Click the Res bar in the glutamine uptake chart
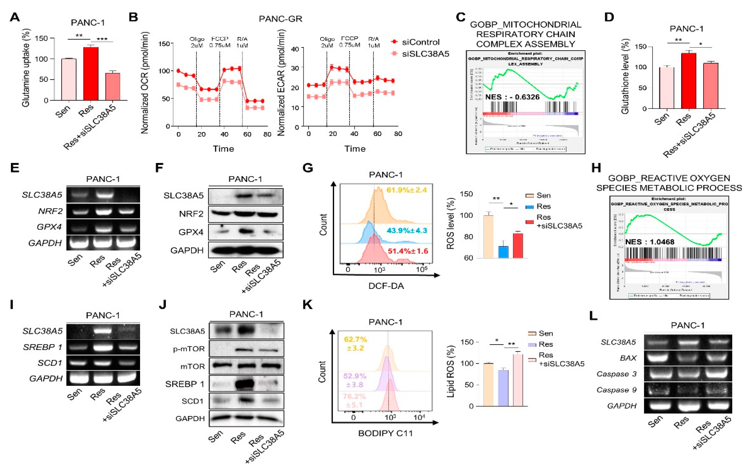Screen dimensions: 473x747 (x=91, y=74)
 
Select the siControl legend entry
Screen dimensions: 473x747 (x=420, y=42)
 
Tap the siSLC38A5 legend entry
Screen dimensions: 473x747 (x=425, y=54)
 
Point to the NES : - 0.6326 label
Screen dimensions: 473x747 (x=512, y=97)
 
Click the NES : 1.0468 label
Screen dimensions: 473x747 (x=650, y=242)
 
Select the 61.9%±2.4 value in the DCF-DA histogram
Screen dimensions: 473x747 (x=406, y=190)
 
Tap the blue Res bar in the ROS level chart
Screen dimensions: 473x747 (x=503, y=252)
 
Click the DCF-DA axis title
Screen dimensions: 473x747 (x=386, y=286)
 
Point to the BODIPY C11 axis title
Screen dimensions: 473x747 (x=385, y=433)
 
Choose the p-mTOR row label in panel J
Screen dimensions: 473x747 (x=189, y=349)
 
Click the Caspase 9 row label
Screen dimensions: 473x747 (x=616, y=390)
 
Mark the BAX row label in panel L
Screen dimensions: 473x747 (x=628, y=358)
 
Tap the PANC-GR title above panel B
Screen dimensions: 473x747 (x=281, y=19)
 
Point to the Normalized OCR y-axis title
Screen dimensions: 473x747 (x=145, y=83)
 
